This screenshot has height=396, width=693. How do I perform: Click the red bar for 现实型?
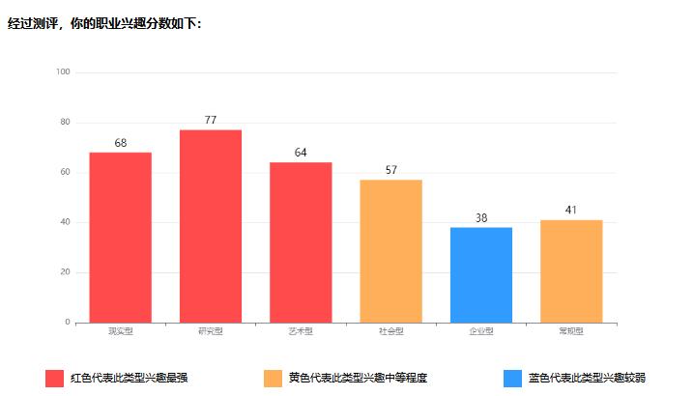(120, 237)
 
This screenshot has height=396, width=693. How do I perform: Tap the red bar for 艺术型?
(301, 241)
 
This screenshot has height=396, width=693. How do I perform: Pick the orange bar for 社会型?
(390, 250)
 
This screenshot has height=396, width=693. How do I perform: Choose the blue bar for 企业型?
(480, 274)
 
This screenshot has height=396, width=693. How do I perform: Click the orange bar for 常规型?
(571, 270)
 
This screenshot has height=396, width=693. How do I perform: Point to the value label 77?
(211, 120)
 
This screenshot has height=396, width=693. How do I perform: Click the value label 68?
(120, 143)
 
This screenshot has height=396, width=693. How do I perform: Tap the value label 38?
(481, 218)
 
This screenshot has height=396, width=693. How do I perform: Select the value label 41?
(571, 210)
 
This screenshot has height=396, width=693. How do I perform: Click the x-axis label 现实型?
(120, 331)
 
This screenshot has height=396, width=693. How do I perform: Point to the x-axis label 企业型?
(480, 331)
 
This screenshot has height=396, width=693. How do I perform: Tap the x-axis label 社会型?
(390, 331)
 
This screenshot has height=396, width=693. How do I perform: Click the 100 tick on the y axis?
(63, 71)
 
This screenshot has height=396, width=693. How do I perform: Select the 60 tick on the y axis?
(66, 172)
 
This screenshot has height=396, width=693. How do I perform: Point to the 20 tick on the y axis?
(66, 272)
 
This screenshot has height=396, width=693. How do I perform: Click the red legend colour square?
(54, 378)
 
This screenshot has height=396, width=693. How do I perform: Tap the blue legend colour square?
(514, 378)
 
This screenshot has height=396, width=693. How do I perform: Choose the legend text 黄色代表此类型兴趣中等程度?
(358, 378)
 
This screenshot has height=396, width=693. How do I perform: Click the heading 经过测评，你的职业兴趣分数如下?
(104, 23)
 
